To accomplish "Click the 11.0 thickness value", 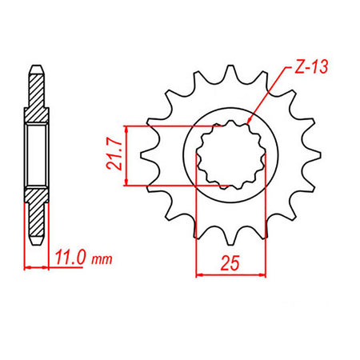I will (71, 260).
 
